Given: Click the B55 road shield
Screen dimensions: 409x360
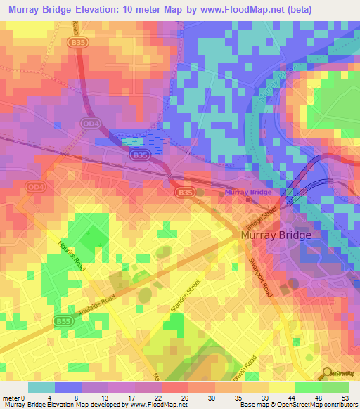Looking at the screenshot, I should coord(62,321).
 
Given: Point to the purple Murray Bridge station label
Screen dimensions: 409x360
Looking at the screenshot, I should coord(247,192).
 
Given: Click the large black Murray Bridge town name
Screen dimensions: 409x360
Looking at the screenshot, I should coord(275,236).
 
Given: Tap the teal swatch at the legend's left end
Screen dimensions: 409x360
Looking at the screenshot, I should coord(41,387).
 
